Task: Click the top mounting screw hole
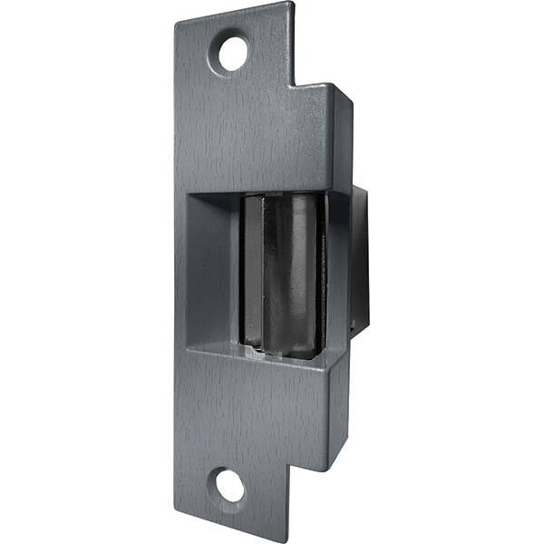coord(233,53)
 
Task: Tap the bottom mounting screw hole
coord(231,487)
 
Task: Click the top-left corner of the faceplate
coord(177,20)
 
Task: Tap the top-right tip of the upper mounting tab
coord(292,4)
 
